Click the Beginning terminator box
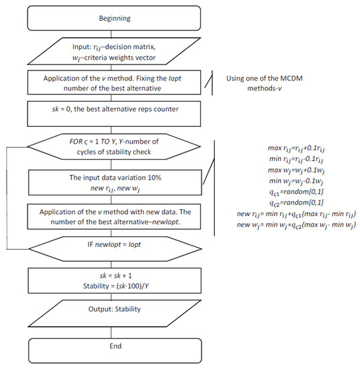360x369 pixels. point(114,18)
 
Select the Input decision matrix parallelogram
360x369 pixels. point(114,51)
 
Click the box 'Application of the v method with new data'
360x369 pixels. point(114,217)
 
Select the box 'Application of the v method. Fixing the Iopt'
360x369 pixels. point(114,83)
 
